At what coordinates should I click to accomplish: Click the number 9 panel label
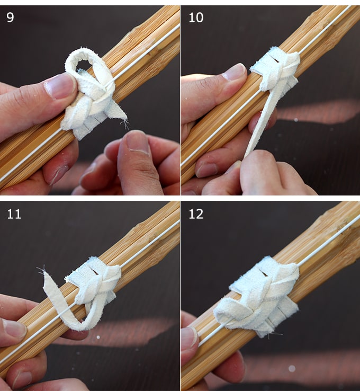(10, 17)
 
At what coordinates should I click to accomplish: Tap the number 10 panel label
(196, 17)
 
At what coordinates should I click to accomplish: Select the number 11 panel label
(14, 214)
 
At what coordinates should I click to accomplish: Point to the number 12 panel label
(196, 214)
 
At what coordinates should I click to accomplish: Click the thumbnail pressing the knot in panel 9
(60, 85)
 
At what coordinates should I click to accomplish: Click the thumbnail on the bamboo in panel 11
(14, 328)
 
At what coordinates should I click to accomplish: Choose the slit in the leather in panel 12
(264, 273)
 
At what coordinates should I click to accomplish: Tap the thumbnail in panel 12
(190, 337)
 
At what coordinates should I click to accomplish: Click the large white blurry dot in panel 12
(292, 368)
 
